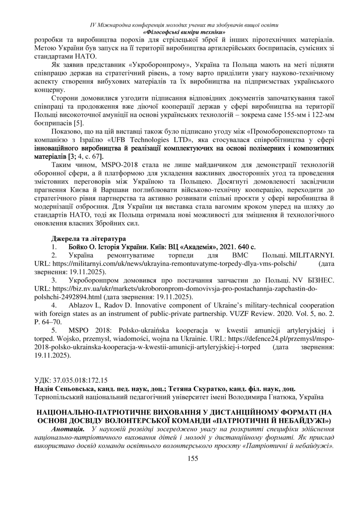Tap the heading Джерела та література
(x=88, y=238)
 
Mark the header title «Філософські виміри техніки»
(x=184, y=32)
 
